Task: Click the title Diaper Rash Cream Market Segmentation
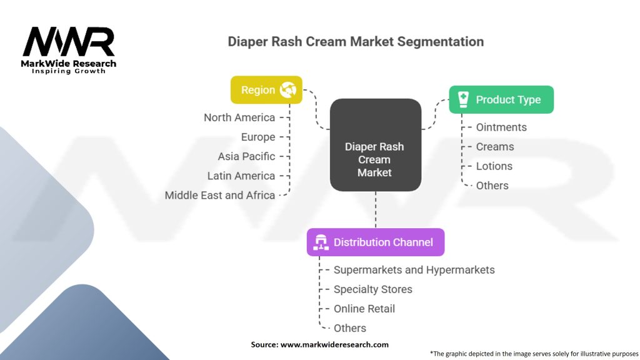[x=355, y=42]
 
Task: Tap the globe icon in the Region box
[x=289, y=90]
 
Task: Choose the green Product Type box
[x=501, y=99]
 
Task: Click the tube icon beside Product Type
[x=463, y=99]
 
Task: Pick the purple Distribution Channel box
[x=375, y=242]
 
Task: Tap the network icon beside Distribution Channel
[x=321, y=242]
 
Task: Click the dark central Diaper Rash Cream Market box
[x=375, y=145]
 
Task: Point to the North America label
[x=239, y=117]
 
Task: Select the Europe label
[x=258, y=137]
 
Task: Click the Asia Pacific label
[x=246, y=156]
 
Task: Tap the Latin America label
[x=241, y=176]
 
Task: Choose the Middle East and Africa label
[x=220, y=195]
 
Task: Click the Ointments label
[x=501, y=127]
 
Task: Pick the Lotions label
[x=494, y=166]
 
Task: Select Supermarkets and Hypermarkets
[x=414, y=270]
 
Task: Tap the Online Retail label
[x=364, y=309]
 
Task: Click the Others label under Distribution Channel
[x=350, y=328]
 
